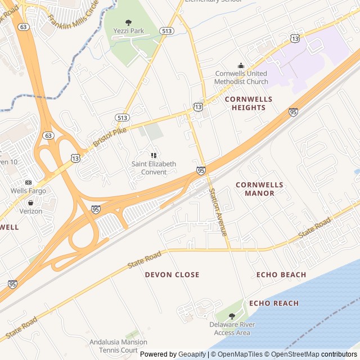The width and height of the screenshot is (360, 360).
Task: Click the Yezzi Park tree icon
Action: [x=129, y=22]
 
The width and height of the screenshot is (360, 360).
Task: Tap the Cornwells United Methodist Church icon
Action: [x=241, y=65]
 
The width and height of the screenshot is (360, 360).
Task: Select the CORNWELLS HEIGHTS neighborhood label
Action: [x=248, y=103]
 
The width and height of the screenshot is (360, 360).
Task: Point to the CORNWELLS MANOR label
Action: [x=255, y=188]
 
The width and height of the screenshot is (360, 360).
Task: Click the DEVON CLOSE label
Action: [x=172, y=274]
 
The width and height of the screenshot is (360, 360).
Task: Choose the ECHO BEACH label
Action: [x=281, y=274]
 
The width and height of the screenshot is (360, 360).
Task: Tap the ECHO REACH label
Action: [x=274, y=303]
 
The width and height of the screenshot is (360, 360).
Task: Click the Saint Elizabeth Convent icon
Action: [x=154, y=155]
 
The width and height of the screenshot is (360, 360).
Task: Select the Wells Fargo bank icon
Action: [x=28, y=182]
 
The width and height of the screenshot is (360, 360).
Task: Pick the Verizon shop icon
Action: [x=30, y=202]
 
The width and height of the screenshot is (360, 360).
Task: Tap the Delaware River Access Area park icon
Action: [x=232, y=316]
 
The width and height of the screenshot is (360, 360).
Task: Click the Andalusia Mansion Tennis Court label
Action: [x=118, y=345]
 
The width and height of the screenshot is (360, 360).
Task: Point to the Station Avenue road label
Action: [x=218, y=211]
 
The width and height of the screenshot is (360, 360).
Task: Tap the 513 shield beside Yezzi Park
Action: [x=166, y=31]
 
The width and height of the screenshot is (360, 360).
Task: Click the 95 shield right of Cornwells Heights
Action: [x=293, y=112]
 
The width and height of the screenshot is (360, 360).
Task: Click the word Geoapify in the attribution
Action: [x=192, y=354]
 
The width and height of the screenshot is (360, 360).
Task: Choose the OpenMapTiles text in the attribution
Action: [x=240, y=354]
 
